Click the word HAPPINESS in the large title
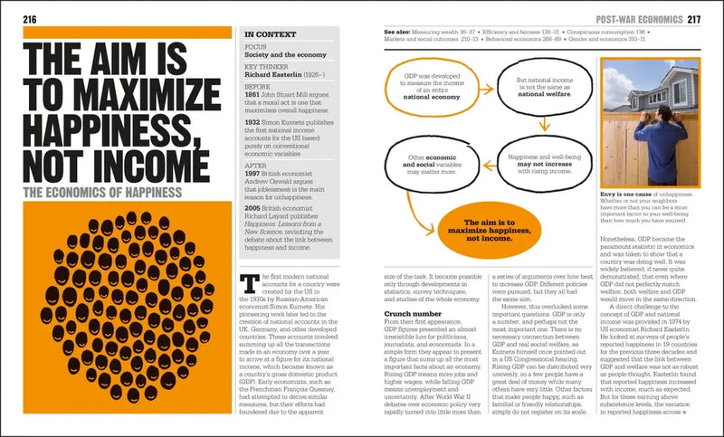click(x=112, y=126)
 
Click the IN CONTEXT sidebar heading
click(x=271, y=34)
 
